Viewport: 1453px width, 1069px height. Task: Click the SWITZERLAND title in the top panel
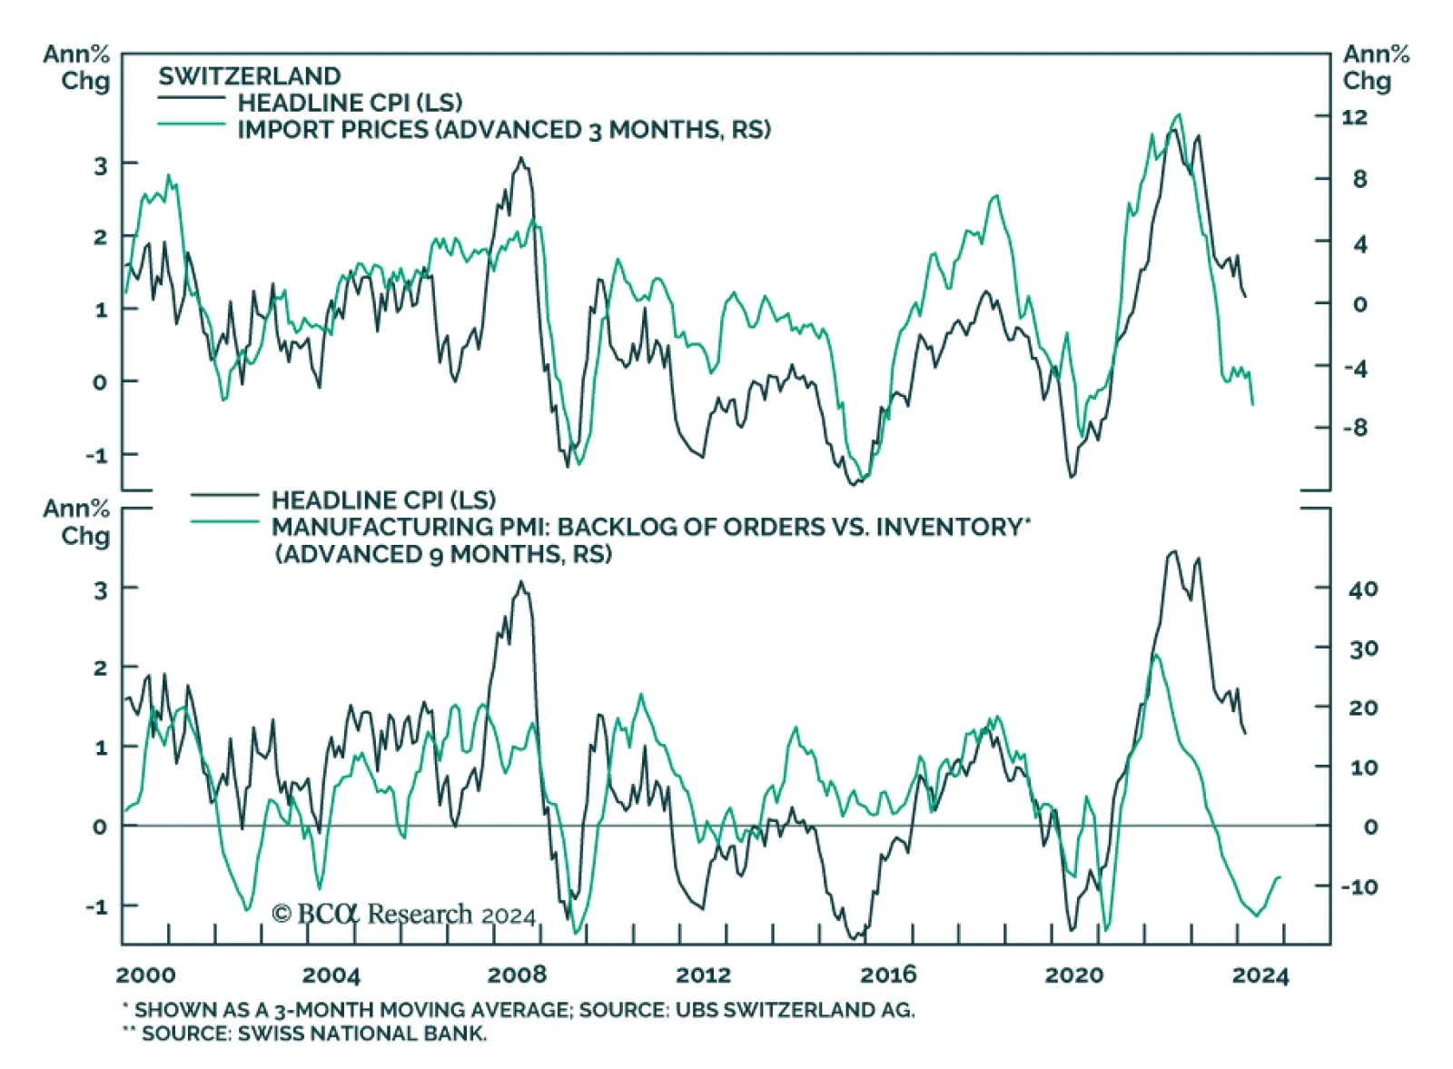[250, 76]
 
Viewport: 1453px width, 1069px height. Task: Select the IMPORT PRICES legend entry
[503, 130]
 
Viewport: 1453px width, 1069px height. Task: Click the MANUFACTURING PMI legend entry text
[650, 528]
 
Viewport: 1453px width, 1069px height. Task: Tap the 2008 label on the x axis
[517, 975]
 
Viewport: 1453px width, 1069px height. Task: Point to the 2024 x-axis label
[1260, 975]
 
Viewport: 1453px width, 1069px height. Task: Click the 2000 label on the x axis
[146, 975]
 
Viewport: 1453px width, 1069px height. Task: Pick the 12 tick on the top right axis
[1353, 117]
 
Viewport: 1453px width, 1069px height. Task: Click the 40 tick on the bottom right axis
[1362, 589]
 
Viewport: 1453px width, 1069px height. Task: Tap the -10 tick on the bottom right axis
[1359, 886]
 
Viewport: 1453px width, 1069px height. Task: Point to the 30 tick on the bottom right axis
[1362, 648]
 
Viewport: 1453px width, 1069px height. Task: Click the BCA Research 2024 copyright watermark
[404, 914]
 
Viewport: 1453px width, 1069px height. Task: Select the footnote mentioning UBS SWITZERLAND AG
[519, 1010]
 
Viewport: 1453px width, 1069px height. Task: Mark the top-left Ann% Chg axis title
[76, 67]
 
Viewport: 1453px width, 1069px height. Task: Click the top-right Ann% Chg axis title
[1376, 67]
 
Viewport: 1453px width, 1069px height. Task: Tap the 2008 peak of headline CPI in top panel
[520, 159]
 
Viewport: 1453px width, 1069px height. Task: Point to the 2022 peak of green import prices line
[1179, 114]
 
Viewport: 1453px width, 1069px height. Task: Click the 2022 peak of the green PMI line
[1155, 655]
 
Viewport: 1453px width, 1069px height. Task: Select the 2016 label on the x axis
[888, 975]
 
